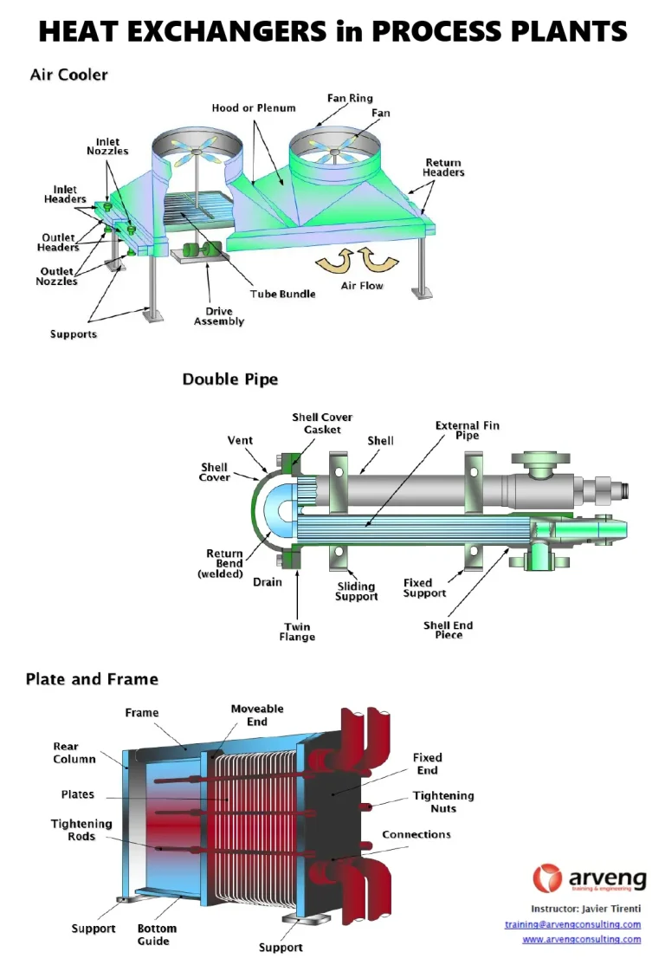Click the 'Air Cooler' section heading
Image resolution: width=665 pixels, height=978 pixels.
tap(68, 75)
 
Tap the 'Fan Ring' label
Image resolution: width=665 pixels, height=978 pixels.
tap(350, 99)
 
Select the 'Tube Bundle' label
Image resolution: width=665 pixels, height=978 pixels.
tap(283, 294)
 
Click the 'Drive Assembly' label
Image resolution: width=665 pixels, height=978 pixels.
tap(218, 316)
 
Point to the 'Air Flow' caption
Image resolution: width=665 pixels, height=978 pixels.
tap(362, 285)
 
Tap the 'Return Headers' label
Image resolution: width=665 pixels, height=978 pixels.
tap(443, 167)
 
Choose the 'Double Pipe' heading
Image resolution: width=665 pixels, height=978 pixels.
tap(229, 379)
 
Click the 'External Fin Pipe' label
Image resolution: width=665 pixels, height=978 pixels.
tap(467, 430)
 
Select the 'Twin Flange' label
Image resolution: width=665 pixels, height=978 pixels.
tap(297, 631)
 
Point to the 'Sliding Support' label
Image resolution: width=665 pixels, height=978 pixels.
tap(356, 591)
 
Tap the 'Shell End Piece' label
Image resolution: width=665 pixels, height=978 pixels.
tap(448, 630)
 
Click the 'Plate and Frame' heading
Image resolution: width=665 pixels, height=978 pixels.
tap(92, 679)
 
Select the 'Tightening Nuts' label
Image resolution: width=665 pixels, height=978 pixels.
tap(443, 801)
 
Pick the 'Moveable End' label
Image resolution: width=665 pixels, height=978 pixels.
tap(256, 715)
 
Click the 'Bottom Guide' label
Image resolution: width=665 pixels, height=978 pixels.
tap(157, 934)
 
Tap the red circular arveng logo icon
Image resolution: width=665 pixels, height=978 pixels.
tap(547, 878)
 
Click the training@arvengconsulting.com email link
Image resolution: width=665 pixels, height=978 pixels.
tap(572, 924)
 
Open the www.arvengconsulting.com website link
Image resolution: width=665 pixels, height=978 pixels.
tap(581, 939)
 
